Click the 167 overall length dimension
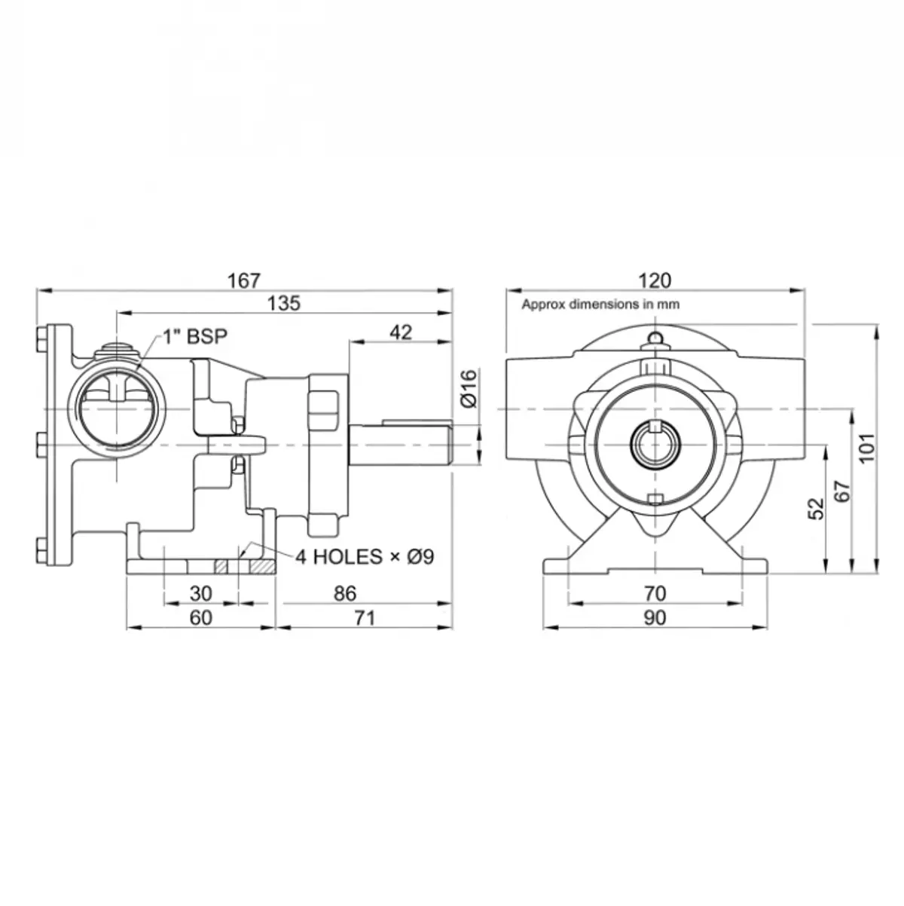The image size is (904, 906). click(243, 280)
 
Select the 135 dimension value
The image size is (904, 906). click(284, 303)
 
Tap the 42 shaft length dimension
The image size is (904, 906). click(402, 332)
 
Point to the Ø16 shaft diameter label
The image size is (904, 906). click(469, 388)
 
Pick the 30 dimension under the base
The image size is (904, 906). click(200, 593)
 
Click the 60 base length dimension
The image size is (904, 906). click(200, 617)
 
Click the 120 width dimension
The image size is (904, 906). click(654, 280)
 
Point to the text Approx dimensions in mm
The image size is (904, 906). click(600, 305)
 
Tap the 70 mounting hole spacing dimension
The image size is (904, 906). click(654, 593)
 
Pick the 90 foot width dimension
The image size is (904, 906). click(654, 617)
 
